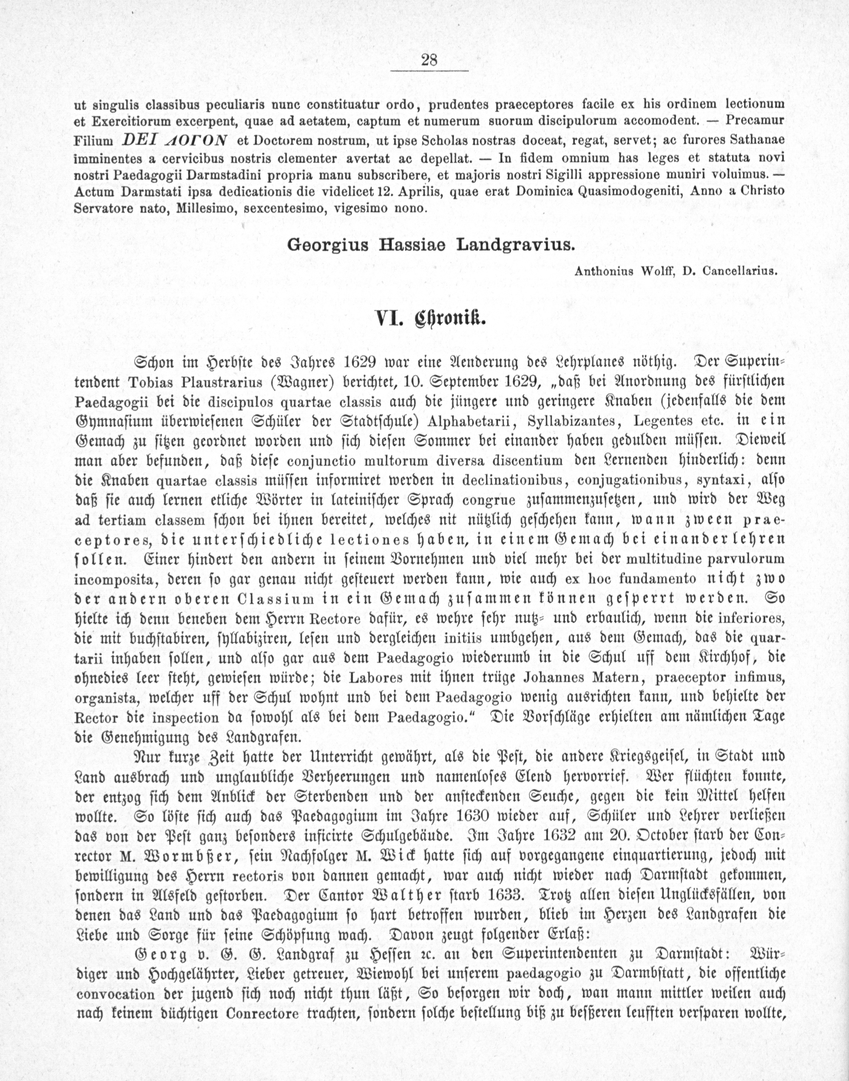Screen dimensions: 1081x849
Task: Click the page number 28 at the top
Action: pos(429,61)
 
